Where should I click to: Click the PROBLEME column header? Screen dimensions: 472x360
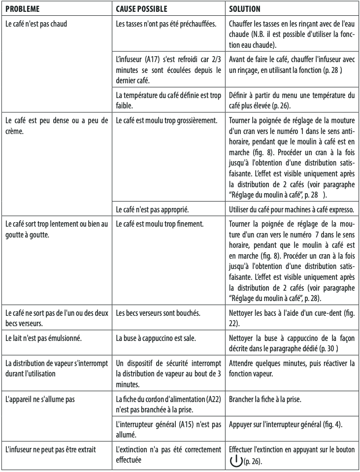22,9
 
